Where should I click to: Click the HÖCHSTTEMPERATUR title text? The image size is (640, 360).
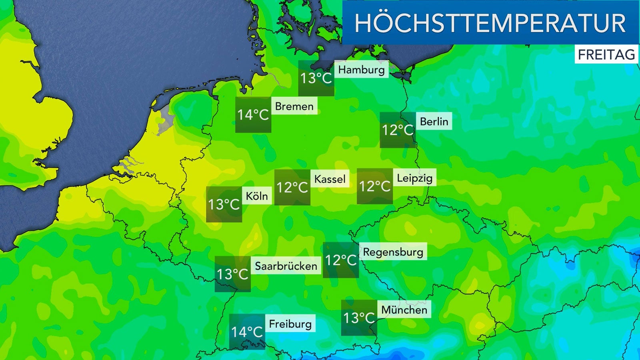490,23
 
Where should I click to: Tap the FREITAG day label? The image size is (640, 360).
606,54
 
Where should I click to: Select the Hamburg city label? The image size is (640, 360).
361,70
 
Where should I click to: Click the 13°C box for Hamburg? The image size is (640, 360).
316,78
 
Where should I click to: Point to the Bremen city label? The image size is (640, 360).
294,106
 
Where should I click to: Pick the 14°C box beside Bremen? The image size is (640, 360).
253,115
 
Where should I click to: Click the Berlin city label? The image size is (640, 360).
434,122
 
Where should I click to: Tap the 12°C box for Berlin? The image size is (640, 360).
398,130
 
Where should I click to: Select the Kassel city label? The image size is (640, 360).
330,179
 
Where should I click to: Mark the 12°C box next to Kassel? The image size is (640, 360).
292,187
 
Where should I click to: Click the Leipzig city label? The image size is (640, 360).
414,178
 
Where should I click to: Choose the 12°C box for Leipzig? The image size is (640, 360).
374,186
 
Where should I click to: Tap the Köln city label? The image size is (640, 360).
257,196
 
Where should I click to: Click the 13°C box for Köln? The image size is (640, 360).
224,204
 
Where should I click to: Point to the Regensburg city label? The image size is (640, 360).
393,252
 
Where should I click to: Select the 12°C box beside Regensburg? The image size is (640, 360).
340,260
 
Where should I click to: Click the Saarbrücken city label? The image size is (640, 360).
286,266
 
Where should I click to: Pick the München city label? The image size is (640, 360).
404,310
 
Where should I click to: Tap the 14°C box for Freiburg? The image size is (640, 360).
247,332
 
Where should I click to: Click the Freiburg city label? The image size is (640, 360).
290,324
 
